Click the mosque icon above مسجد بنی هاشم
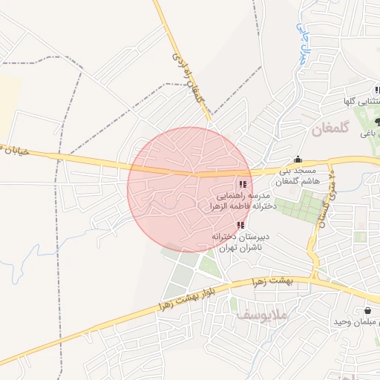[x=298, y=159]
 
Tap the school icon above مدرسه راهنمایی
[x=243, y=184]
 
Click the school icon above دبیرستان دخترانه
[x=240, y=224]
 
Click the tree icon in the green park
[x=378, y=121]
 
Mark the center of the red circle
[x=190, y=190]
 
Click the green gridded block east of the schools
[x=304, y=204]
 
